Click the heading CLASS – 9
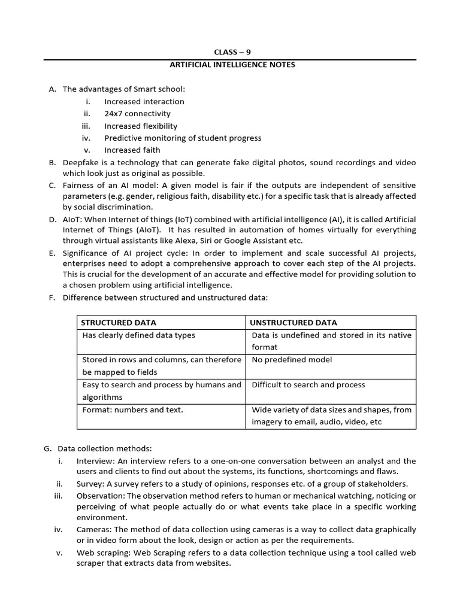click(x=230, y=52)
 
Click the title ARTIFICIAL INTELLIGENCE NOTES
click(x=230, y=65)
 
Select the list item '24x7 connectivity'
click(x=137, y=113)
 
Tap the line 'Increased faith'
click(x=132, y=150)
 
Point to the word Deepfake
click(x=80, y=163)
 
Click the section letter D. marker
click(x=52, y=219)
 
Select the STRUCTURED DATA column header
click(x=119, y=323)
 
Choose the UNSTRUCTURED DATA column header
click(x=293, y=323)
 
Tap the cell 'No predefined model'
click(x=292, y=360)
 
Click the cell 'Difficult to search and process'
click(x=308, y=385)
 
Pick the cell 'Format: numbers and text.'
click(x=132, y=410)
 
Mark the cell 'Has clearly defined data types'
click(x=138, y=335)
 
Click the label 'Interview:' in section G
click(x=95, y=461)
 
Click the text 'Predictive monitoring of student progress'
click(x=183, y=138)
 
